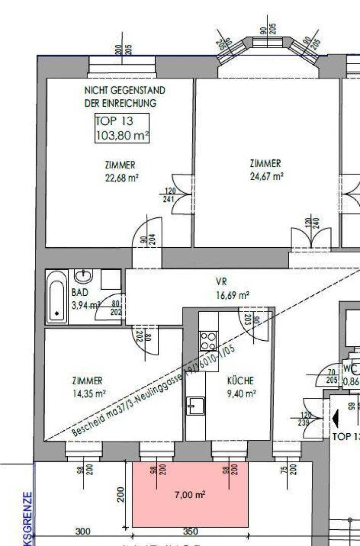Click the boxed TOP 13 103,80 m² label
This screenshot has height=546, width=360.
[122, 128]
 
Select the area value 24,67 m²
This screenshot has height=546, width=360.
[266, 176]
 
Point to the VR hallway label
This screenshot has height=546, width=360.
[221, 282]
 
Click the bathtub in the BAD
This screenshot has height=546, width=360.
[57, 297]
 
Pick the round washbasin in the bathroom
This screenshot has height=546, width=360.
[83, 276]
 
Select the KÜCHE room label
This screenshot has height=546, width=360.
[241, 381]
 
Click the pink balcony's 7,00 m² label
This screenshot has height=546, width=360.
[190, 495]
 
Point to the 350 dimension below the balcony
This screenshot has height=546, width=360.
[190, 532]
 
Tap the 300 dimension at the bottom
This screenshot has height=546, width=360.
[83, 532]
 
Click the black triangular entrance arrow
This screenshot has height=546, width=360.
[335, 419]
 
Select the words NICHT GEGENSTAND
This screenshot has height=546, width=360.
[125, 90]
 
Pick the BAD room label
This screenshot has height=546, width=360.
[80, 292]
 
